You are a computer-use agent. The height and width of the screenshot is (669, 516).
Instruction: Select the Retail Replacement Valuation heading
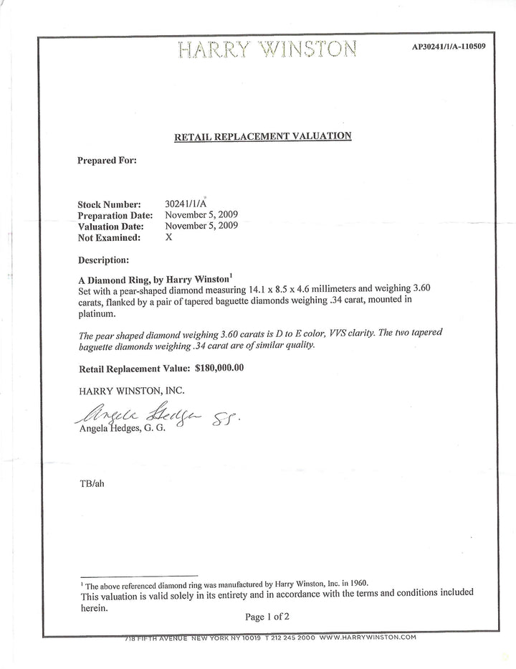point(262,136)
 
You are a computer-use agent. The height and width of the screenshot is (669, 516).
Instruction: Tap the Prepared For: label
point(107,161)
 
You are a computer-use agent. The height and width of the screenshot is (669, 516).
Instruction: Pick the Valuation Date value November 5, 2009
point(202,225)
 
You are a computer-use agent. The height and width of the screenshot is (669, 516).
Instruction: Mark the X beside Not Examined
point(169,237)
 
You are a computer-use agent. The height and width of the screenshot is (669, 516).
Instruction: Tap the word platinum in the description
point(95,313)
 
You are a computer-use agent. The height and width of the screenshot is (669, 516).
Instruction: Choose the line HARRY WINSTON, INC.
point(131,391)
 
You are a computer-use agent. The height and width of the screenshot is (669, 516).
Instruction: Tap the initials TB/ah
point(91,483)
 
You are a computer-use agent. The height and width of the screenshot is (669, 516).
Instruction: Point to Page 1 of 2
point(267,616)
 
